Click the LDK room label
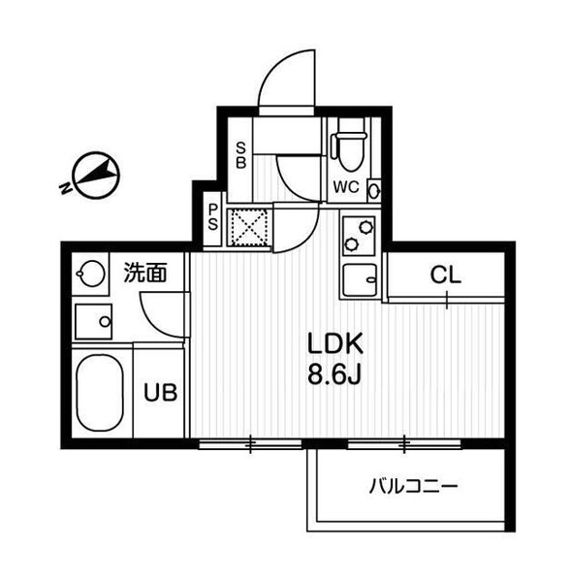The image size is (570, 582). click(x=334, y=344)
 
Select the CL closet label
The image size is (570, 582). click(x=445, y=275)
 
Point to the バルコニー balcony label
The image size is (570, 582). click(x=414, y=486)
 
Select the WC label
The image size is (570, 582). click(x=346, y=186)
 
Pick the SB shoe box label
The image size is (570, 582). click(x=241, y=156)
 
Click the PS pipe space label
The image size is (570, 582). click(x=213, y=217)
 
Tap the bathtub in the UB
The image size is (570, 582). click(x=100, y=393)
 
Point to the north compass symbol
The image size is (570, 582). click(x=97, y=175)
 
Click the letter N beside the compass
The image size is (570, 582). click(x=66, y=188)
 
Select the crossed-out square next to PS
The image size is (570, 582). click(x=249, y=227)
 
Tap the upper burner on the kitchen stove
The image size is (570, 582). click(x=365, y=226)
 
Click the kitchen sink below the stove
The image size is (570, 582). click(x=360, y=280)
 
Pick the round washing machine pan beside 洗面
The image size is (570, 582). click(x=91, y=274)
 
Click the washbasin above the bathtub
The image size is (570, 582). click(x=93, y=321)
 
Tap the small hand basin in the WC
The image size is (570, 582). click(x=374, y=191)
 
